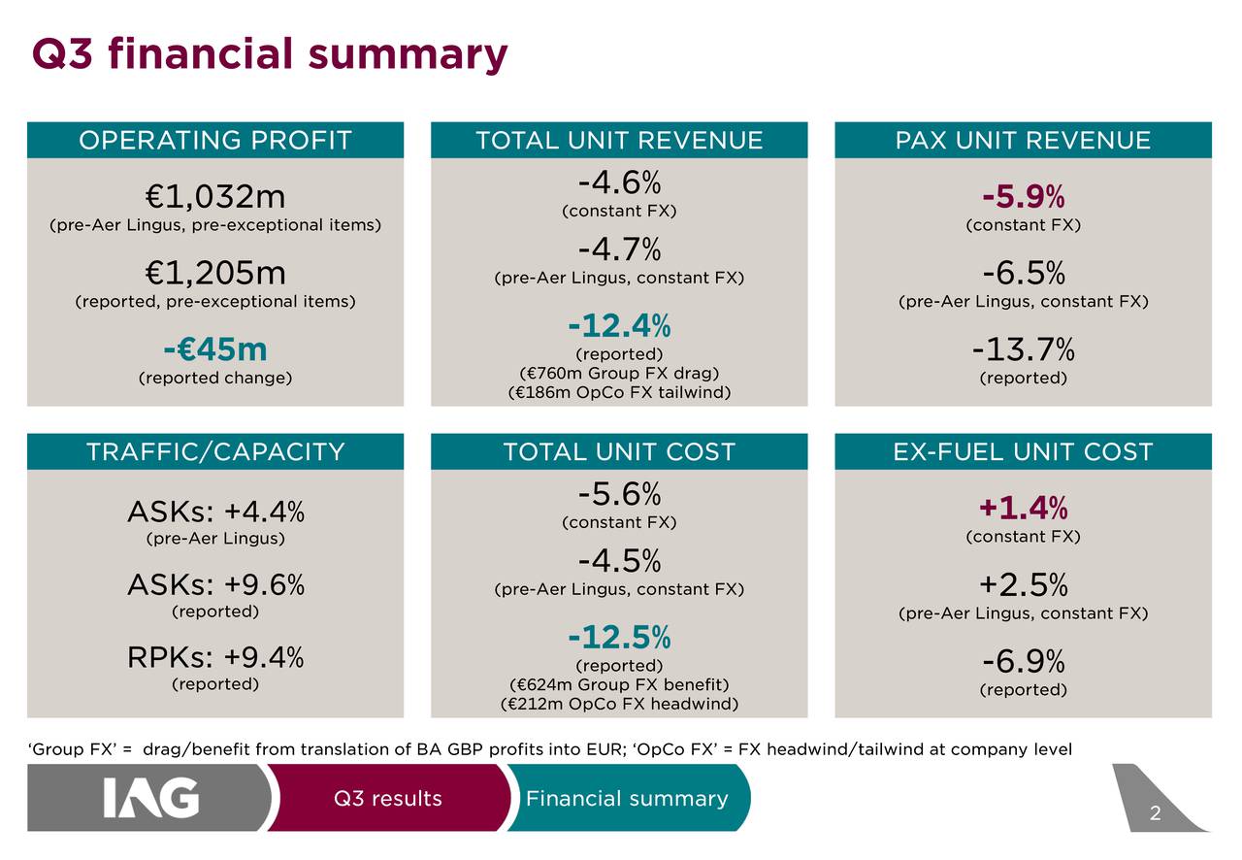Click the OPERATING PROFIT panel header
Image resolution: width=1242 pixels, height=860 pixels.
pyautogui.click(x=214, y=141)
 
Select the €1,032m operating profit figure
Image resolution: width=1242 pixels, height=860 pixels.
pyautogui.click(x=215, y=197)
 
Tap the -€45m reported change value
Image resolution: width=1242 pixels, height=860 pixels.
pyautogui.click(x=215, y=348)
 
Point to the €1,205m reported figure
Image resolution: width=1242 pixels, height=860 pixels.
pyautogui.click(x=215, y=273)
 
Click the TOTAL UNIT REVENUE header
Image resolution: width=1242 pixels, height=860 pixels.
pyautogui.click(x=619, y=141)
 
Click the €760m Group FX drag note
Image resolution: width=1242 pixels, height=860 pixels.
pyautogui.click(x=619, y=374)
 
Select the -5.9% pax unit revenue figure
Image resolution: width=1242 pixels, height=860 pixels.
pyautogui.click(x=1023, y=198)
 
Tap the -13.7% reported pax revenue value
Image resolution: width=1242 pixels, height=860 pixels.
pyautogui.click(x=1023, y=348)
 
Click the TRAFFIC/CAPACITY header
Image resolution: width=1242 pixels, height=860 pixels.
pyautogui.click(x=214, y=452)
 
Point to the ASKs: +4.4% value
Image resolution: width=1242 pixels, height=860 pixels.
pyautogui.click(x=215, y=510)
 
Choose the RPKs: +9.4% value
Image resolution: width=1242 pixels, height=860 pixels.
pyautogui.click(x=215, y=658)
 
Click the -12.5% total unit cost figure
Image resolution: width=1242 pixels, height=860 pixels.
pyautogui.click(x=619, y=638)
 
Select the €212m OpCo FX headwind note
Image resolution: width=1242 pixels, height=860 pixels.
pyautogui.click(x=619, y=704)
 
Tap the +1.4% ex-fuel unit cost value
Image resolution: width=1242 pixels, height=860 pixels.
pyautogui.click(x=1023, y=508)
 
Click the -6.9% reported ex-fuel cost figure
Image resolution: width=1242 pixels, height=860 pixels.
pyautogui.click(x=1023, y=663)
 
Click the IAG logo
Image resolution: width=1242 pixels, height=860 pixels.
pyautogui.click(x=151, y=799)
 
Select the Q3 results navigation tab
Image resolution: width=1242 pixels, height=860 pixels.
pyautogui.click(x=387, y=799)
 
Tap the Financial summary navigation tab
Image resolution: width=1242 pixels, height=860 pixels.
pyautogui.click(x=626, y=799)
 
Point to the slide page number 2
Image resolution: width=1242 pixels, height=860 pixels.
pyautogui.click(x=1155, y=814)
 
